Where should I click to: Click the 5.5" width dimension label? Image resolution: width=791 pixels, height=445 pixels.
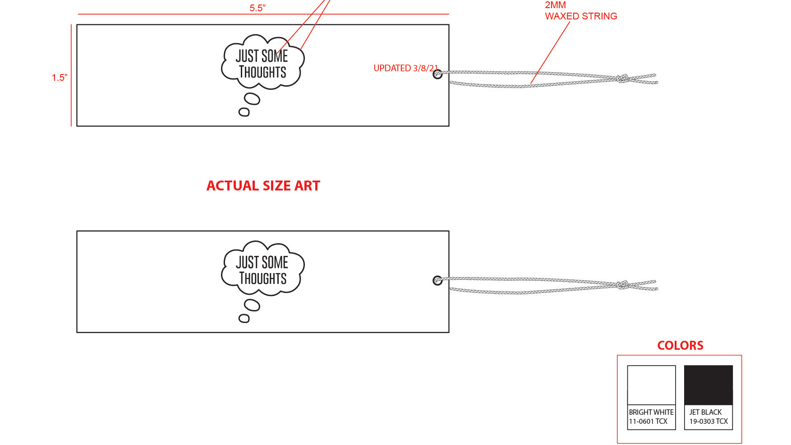tap(258, 8)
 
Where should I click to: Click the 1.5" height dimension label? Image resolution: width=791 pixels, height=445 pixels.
tap(60, 78)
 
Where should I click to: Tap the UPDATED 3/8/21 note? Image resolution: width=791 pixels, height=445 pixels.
tap(405, 68)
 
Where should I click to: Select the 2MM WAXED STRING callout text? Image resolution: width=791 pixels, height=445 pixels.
tap(580, 11)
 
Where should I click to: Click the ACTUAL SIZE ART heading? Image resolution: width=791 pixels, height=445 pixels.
tap(263, 185)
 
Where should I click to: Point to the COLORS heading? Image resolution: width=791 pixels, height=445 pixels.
tap(680, 345)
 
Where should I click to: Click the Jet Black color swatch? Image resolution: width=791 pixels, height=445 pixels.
tap(708, 385)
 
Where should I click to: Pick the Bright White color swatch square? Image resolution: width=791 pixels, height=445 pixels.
tap(651, 385)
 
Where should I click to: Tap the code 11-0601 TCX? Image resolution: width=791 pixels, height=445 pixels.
tap(648, 422)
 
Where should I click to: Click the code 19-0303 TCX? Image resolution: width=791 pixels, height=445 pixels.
tap(708, 422)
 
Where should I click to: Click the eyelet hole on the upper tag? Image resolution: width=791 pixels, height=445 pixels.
tap(437, 74)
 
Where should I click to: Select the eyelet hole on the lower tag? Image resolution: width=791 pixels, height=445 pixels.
tap(437, 281)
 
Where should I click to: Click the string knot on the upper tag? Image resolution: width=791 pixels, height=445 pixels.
tap(623, 79)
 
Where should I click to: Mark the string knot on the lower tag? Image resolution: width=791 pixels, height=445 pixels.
tap(623, 285)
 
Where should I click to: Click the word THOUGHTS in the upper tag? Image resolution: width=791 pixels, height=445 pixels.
tap(262, 72)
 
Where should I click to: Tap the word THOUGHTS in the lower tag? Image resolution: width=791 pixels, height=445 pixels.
tap(263, 278)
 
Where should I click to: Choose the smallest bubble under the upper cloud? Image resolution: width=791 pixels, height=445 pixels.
tap(244, 112)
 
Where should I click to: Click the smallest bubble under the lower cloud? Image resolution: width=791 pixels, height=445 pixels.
tap(244, 319)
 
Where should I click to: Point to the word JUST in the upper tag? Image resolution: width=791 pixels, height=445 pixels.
tap(247, 56)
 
